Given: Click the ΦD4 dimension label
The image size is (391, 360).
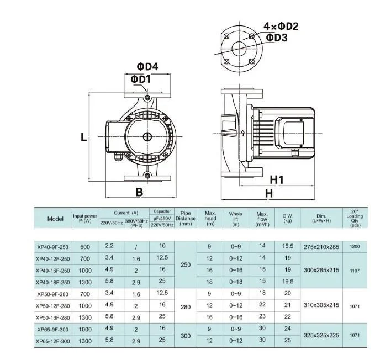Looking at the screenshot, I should (147, 67).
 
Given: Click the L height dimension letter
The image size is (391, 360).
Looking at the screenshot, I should (83, 137).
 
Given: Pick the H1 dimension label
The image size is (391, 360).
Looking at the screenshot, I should (276, 180).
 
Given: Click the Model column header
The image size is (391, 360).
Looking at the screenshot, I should (55, 219).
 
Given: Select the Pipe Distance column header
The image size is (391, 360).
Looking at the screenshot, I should (186, 219).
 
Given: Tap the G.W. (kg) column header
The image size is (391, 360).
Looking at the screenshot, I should (287, 219).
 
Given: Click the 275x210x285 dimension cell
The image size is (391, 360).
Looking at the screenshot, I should (321, 247).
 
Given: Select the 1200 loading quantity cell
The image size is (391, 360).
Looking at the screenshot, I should (355, 247).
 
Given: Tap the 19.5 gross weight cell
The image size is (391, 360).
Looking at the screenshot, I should (287, 282).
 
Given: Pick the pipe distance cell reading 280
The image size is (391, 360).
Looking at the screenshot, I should (186, 305).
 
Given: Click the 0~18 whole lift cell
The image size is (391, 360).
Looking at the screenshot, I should (236, 282).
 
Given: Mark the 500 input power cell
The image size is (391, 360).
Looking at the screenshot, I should (85, 247).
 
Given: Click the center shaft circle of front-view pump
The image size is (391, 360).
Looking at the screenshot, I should (148, 137).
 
